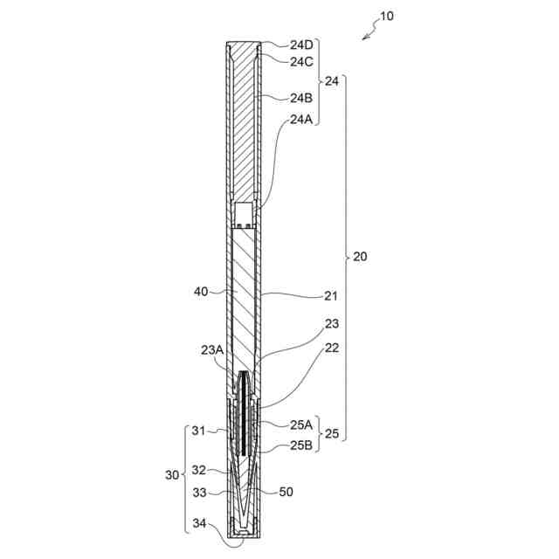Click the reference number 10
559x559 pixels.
[x=387, y=16]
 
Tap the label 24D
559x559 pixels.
[x=301, y=45]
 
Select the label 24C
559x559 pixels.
[x=301, y=62]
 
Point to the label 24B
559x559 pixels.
[x=301, y=98]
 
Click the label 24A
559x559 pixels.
[x=301, y=120]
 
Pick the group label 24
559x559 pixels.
[x=332, y=81]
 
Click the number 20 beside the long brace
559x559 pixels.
[x=360, y=256]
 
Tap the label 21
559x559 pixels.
[x=330, y=296]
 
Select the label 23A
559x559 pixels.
[x=212, y=350]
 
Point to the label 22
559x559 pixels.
[x=332, y=348]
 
